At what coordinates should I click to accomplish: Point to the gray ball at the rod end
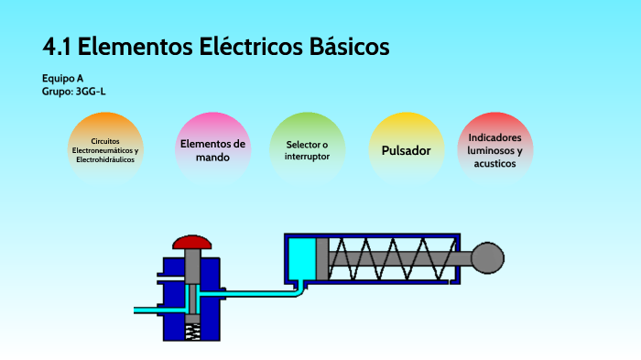tap(487, 261)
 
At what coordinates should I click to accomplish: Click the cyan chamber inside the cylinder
tap(300, 260)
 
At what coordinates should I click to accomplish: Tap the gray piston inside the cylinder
tap(321, 260)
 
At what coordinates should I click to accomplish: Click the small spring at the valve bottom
tap(193, 331)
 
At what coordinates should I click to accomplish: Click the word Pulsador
tap(406, 150)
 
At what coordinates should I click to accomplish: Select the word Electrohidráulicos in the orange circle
tap(105, 159)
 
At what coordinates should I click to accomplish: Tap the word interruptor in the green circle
tap(307, 156)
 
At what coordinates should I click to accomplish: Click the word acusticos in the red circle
tap(495, 163)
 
